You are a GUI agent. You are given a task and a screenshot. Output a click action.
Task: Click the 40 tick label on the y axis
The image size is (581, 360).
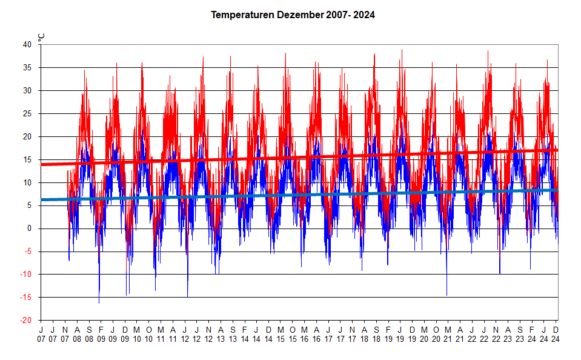[27, 45]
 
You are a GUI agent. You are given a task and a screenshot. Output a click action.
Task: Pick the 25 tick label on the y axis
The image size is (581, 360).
[27, 114]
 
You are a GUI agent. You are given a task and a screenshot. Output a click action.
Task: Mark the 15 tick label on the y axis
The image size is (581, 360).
[27, 160]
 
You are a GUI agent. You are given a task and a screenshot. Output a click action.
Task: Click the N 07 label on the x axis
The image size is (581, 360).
[65, 335]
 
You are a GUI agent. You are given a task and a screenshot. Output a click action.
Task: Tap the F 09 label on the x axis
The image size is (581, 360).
[101, 335]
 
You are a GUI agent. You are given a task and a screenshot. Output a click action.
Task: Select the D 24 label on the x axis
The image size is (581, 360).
[555, 335]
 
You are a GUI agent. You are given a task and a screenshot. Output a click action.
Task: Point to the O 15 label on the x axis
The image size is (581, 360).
[292, 335]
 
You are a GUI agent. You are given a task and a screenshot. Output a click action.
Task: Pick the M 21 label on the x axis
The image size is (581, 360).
[448, 335]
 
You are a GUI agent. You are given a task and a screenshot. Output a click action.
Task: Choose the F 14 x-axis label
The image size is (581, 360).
[244, 335]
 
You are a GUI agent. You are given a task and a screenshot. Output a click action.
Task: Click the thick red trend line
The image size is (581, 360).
[303, 157]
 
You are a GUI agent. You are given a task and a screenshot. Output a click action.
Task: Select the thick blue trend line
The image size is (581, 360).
[303, 195]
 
